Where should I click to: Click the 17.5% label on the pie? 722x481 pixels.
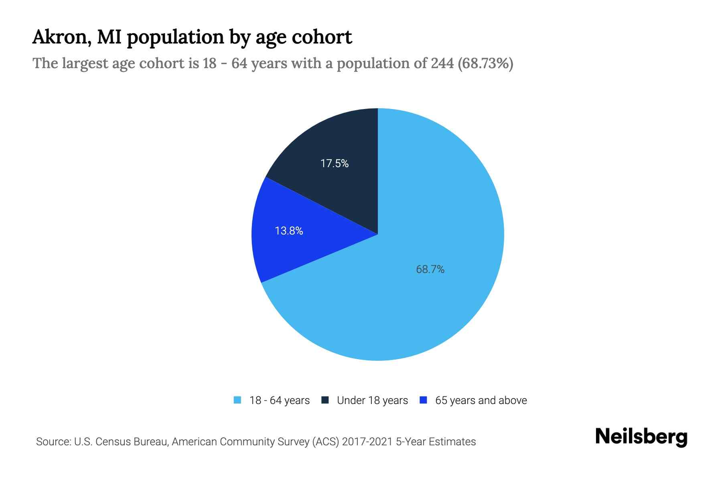[335, 164]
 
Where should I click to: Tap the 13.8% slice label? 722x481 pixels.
[289, 231]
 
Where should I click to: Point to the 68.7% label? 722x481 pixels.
[430, 269]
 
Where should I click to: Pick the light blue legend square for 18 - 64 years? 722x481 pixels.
[237, 400]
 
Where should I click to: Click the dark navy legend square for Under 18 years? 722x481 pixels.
[325, 400]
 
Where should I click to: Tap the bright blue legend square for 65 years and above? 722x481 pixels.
[423, 400]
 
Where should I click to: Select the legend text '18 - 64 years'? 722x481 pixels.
[280, 400]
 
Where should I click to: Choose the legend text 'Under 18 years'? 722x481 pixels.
[372, 400]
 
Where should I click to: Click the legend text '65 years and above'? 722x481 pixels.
[481, 400]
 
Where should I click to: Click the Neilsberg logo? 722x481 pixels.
[641, 437]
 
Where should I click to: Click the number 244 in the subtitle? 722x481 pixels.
[442, 63]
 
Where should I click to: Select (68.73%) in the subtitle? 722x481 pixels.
[485, 63]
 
